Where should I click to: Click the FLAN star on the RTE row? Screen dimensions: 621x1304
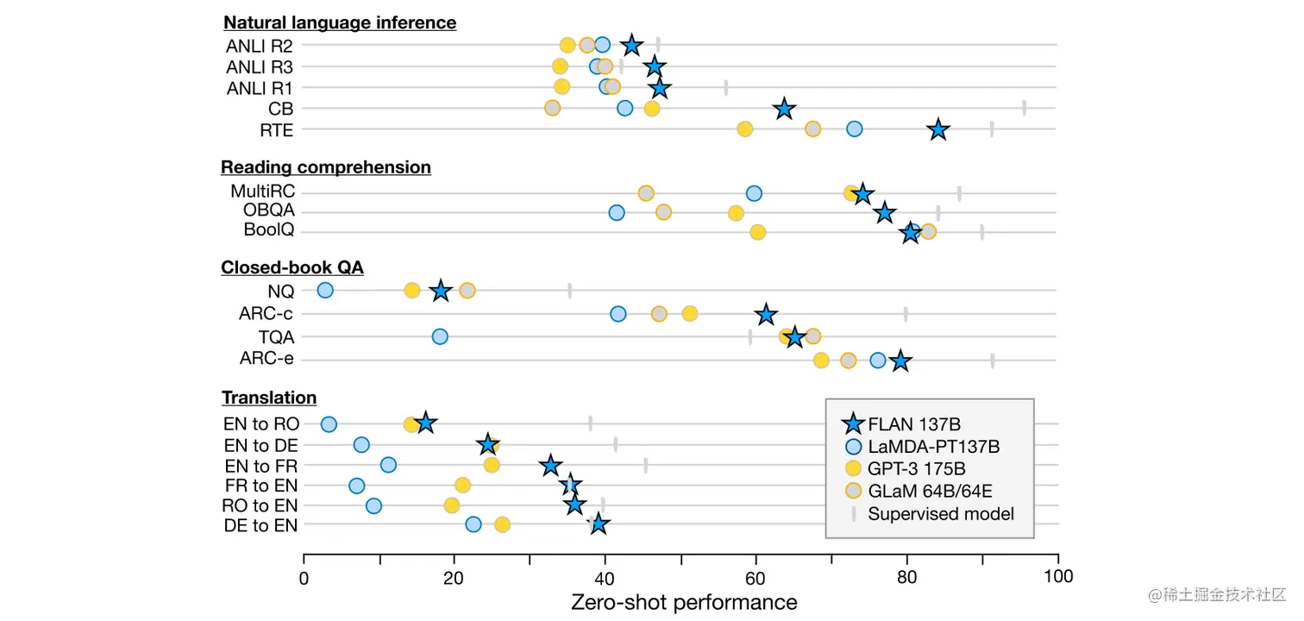pos(938,130)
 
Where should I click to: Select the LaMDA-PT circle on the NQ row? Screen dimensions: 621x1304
pos(325,290)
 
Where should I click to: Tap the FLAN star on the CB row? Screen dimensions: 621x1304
pos(784,109)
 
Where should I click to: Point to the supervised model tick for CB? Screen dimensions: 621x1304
pos(1024,108)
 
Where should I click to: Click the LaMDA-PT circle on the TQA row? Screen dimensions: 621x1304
pos(440,336)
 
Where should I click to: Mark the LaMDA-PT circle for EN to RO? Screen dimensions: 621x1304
pos(329,423)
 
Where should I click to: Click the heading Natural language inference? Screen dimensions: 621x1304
pos(340,22)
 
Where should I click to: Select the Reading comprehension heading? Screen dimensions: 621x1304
pos(326,167)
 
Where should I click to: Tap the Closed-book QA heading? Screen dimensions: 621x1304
pos(292,267)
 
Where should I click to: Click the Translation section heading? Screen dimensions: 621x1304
pos(269,398)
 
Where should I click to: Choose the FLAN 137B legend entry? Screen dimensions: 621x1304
pos(914,423)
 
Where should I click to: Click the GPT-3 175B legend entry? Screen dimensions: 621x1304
pos(916,468)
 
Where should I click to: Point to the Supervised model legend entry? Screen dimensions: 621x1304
pos(941,514)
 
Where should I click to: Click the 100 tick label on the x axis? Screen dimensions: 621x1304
pos(1058,576)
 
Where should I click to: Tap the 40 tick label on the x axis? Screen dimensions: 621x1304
pos(605,576)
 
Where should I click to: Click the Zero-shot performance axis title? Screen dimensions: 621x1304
pos(684,601)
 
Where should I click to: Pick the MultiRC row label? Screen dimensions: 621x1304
pos(262,191)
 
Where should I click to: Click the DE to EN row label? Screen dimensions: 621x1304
pos(260,525)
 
